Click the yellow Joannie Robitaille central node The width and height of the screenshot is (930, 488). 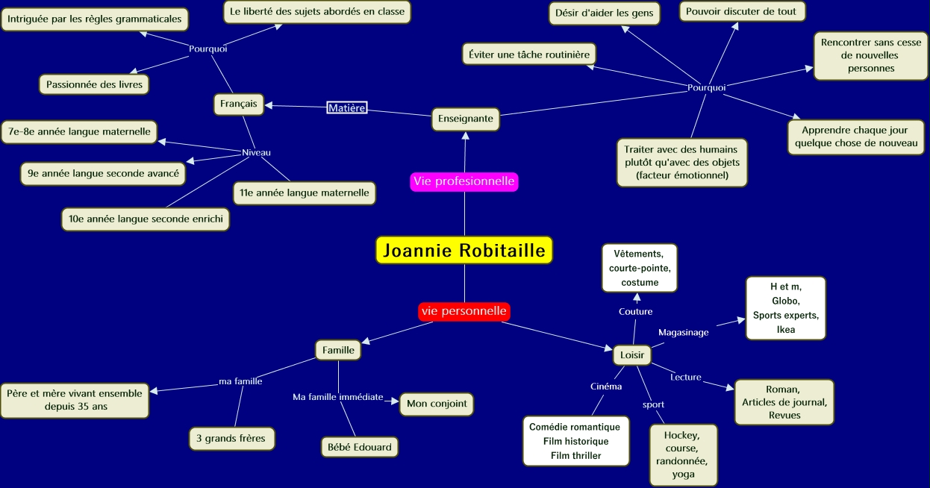pyautogui.click(x=464, y=251)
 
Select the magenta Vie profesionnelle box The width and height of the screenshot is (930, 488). pyautogui.click(x=464, y=181)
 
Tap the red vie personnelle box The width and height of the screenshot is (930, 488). pyautogui.click(x=464, y=311)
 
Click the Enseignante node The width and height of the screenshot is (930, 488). pyautogui.click(x=466, y=119)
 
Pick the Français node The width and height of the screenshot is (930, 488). pyautogui.click(x=239, y=104)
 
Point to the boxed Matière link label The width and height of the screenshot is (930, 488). pyautogui.click(x=347, y=108)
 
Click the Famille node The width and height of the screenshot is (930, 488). pyautogui.click(x=338, y=349)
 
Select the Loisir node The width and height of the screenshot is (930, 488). pyautogui.click(x=632, y=355)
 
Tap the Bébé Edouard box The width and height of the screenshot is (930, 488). pyautogui.click(x=358, y=447)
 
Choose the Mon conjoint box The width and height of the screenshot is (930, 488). pyautogui.click(x=437, y=404)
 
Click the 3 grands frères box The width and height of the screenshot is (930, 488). pyautogui.click(x=231, y=439)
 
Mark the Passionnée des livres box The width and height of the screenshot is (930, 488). pyautogui.click(x=94, y=84)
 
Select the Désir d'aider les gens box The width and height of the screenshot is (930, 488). pyautogui.click(x=605, y=13)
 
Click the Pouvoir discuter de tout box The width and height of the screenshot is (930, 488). pyautogui.click(x=741, y=11)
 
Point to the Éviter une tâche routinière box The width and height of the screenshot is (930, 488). pyautogui.click(x=528, y=54)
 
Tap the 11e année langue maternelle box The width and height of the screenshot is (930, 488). pyautogui.click(x=304, y=193)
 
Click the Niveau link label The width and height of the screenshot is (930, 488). pyautogui.click(x=256, y=153)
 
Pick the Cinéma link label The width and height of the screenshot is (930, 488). pyautogui.click(x=606, y=387)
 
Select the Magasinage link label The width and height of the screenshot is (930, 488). pyautogui.click(x=683, y=333)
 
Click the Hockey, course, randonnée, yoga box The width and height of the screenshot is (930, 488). pyautogui.click(x=683, y=454)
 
